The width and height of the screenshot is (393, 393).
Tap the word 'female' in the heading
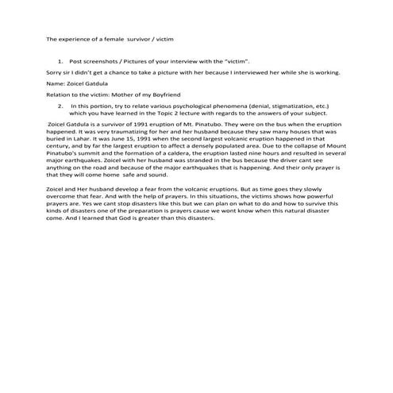pyautogui.click(x=116, y=38)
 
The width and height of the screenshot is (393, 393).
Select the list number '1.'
pyautogui.click(x=60, y=60)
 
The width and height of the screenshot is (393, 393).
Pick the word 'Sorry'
pyautogui.click(x=55, y=71)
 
